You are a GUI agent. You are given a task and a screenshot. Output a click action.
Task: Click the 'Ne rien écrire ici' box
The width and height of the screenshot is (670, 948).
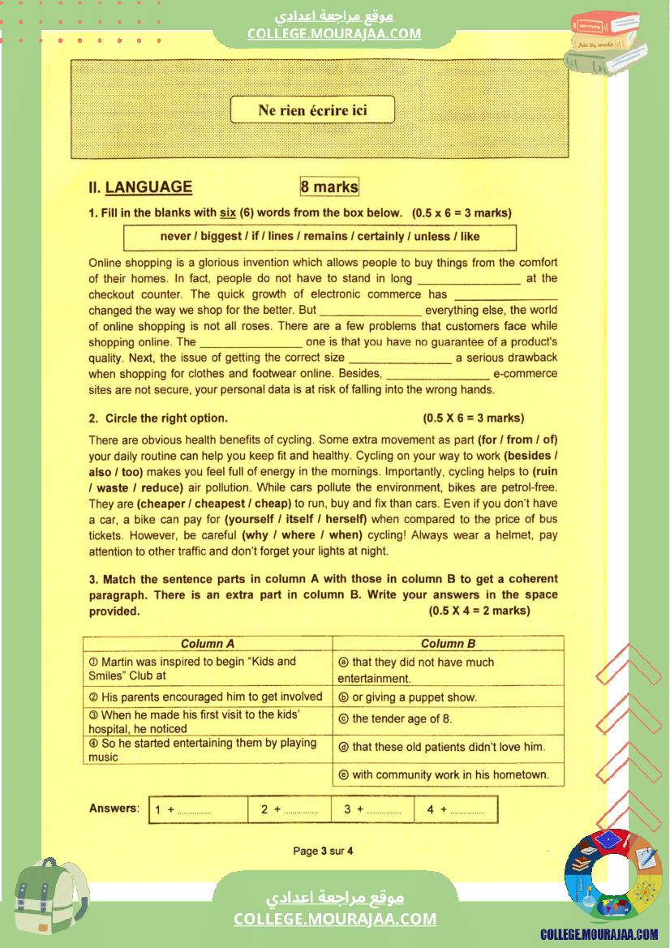pyautogui.click(x=312, y=110)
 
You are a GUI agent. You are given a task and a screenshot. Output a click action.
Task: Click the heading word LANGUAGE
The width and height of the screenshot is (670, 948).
pyautogui.click(x=149, y=187)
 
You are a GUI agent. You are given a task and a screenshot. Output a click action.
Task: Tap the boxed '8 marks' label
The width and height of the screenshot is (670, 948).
pyautogui.click(x=329, y=187)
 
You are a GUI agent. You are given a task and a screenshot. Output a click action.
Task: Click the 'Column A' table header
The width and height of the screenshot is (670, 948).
pyautogui.click(x=208, y=644)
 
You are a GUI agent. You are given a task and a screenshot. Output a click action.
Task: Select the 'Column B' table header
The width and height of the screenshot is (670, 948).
pyautogui.click(x=448, y=644)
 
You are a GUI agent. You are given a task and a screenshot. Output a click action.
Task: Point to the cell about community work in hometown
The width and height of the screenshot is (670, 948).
pyautogui.click(x=449, y=774)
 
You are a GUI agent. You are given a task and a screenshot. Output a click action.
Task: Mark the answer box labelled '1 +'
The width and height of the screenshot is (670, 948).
pyautogui.click(x=198, y=809)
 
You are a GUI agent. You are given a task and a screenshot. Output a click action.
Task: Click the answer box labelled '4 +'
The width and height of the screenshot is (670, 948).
pyautogui.click(x=457, y=809)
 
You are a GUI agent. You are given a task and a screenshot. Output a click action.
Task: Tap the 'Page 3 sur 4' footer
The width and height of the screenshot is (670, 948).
pyautogui.click(x=323, y=851)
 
